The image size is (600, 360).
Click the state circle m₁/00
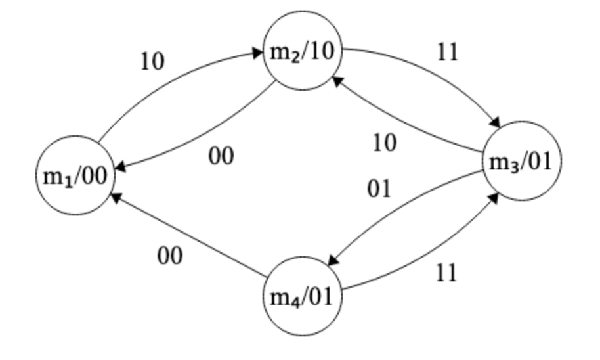pos(72,176)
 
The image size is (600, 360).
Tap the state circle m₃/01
pos(523,162)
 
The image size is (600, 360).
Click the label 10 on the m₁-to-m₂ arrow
pos(152,61)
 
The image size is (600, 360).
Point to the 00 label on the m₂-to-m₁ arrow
pos(221,156)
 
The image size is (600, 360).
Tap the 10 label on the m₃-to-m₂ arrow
pos(384,143)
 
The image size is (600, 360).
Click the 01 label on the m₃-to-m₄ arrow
pos(379,189)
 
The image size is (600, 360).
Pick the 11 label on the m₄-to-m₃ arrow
pos(446,272)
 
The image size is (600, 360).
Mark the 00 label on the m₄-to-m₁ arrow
pos(169,256)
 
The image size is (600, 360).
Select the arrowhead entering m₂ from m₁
pos(259,55)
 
